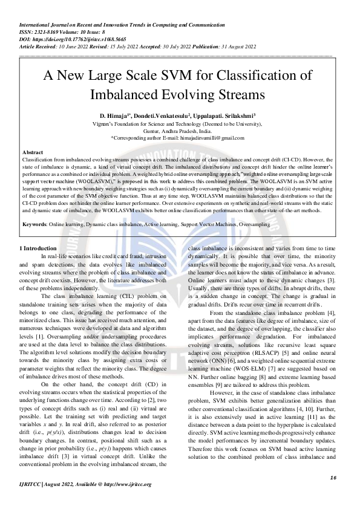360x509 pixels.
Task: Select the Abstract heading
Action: [32, 152]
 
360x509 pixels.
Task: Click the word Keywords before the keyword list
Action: [34, 207]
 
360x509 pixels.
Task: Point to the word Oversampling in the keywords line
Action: [255, 207]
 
